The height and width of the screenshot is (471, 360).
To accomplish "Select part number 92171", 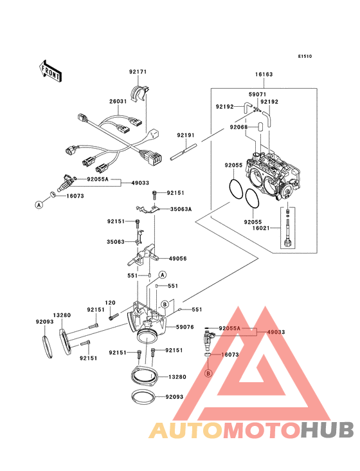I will tap(138, 72).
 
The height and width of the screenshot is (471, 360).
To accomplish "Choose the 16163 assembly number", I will tap(264, 75).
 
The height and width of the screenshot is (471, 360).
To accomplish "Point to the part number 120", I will tap(110, 302).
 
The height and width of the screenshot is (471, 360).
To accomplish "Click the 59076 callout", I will tap(186, 328).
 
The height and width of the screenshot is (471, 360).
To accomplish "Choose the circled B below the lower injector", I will tap(208, 373).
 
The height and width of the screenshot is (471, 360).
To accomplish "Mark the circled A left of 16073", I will tap(38, 204).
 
